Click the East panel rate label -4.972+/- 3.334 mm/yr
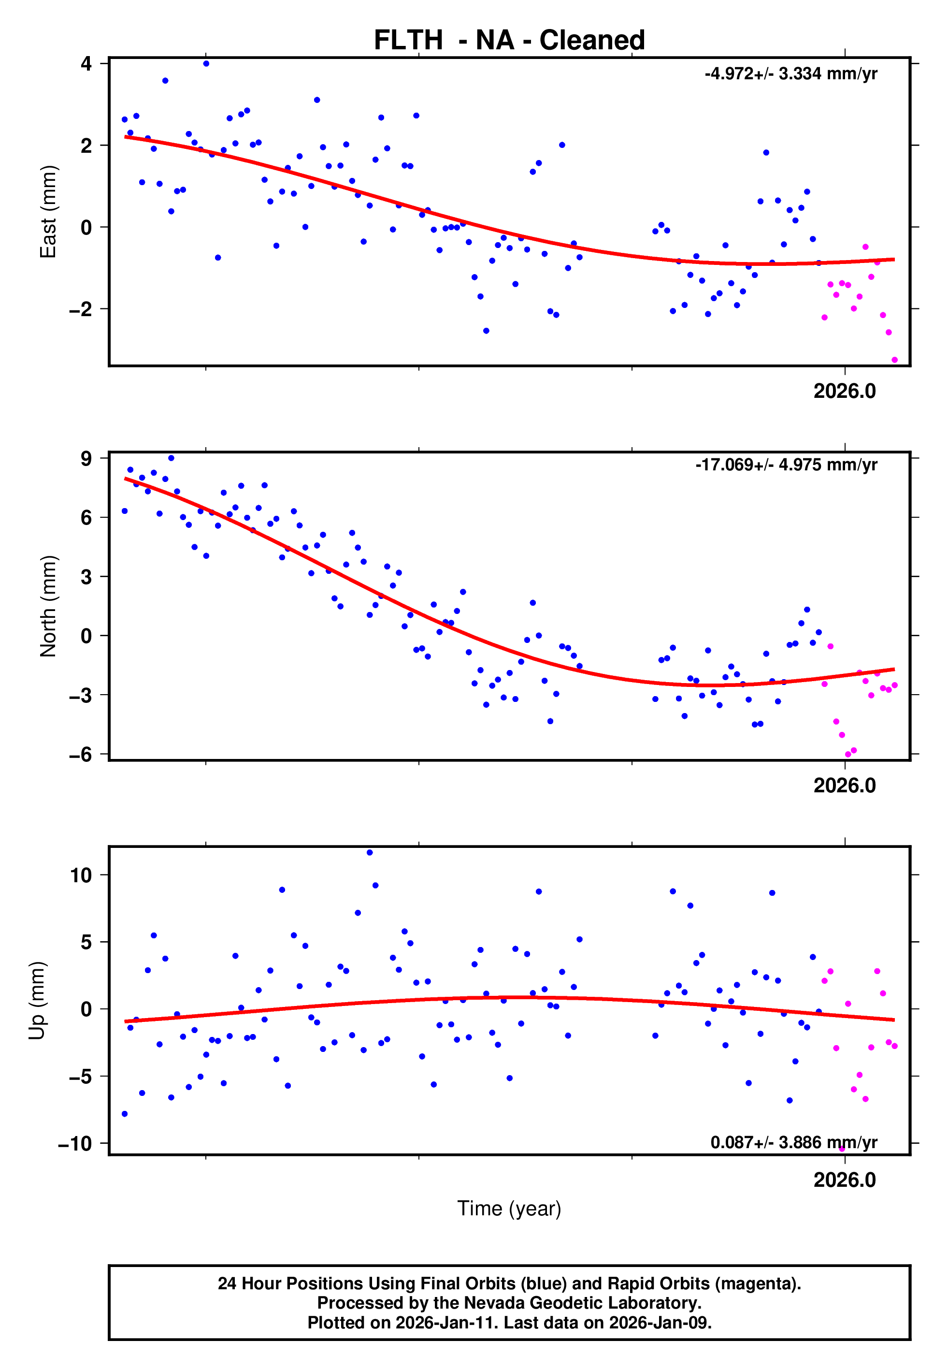pos(790,73)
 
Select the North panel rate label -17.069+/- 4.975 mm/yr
pos(786,465)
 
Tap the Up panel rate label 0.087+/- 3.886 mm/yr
pos(793,1142)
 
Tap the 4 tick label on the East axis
pos(86,63)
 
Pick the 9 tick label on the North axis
pos(86,458)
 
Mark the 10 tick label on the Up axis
pos(81,874)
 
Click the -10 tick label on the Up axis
pos(75,1143)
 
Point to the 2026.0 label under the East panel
pos(844,391)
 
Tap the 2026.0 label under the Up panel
pos(844,1180)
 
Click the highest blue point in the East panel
pos(206,63)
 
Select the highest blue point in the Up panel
pos(370,853)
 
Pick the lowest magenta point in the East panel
pos(894,360)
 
